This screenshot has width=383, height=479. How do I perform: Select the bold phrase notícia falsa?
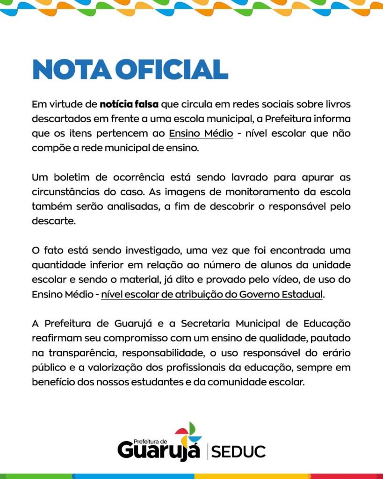(129, 103)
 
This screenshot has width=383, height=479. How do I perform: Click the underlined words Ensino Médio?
(201, 133)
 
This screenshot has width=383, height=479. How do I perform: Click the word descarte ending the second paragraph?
(52, 221)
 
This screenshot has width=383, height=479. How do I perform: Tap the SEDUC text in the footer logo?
(238, 452)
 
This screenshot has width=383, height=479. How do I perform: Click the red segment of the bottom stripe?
(347, 476)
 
